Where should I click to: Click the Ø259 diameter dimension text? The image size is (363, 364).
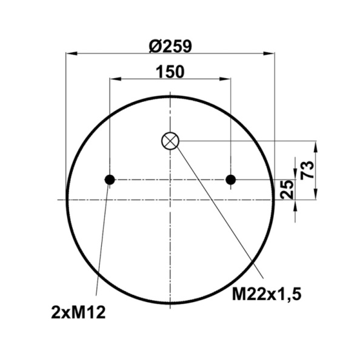tap(170, 45)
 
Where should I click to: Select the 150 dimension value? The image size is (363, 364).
tap(170, 72)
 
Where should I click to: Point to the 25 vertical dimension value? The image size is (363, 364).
tap(288, 189)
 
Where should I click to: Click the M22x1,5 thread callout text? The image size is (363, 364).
tap(267, 294)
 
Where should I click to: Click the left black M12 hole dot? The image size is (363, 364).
tap(110, 180)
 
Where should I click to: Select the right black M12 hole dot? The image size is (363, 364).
tap(230, 180)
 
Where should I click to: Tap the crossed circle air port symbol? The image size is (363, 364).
tap(170, 141)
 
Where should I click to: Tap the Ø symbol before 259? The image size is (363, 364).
tap(153, 45)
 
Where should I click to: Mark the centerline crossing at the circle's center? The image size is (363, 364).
tap(170, 199)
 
